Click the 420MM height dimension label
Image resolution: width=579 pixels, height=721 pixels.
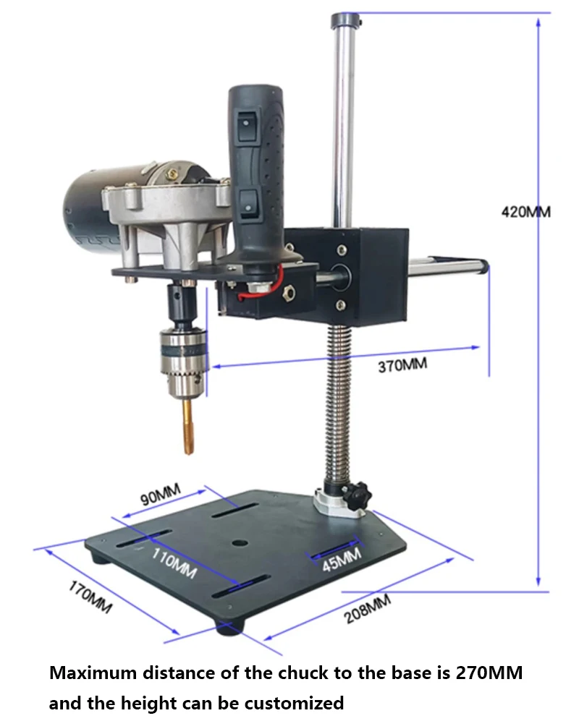525,212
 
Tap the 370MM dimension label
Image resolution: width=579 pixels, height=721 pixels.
402,365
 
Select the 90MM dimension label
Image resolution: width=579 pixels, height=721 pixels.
160,495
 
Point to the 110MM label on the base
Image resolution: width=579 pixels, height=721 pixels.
174,563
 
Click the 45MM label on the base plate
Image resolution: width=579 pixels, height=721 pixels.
342,560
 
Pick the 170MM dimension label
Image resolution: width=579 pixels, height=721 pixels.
90,597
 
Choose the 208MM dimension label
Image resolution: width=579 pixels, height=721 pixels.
368,609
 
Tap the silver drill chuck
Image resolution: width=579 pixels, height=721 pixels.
183,362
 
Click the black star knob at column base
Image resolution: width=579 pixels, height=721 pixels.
357,495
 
